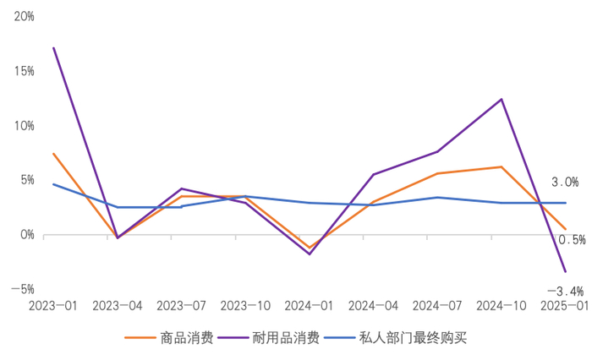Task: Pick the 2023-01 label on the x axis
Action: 52,305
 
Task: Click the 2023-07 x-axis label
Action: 180,305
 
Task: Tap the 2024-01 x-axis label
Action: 309,305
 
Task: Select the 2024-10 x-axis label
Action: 501,305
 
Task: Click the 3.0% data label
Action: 565,182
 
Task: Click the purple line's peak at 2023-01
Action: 53,47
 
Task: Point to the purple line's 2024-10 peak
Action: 502,99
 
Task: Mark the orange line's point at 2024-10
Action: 502,166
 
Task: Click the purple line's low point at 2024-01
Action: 310,254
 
